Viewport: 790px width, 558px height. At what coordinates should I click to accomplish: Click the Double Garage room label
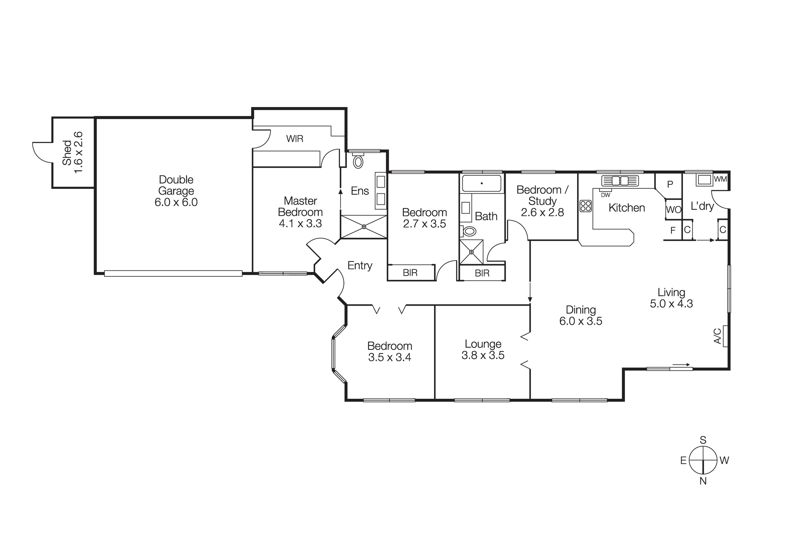tap(176, 191)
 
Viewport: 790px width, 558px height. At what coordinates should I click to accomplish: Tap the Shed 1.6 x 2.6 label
tap(73, 152)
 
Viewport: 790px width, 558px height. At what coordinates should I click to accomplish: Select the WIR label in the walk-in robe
tap(295, 139)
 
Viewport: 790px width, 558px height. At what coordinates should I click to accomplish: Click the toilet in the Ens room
tap(358, 162)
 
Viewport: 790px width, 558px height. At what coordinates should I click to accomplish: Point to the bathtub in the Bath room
tap(482, 184)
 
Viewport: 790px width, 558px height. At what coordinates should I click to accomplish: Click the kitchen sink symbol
tap(620, 180)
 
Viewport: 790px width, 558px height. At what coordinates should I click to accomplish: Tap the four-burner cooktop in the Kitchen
tap(585, 206)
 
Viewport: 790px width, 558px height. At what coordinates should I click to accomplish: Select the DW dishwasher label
tap(606, 195)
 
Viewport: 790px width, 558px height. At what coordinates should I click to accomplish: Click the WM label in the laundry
tap(720, 179)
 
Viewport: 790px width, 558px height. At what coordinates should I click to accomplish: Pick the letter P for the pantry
tap(670, 184)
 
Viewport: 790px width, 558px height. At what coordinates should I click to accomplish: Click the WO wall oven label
tap(673, 210)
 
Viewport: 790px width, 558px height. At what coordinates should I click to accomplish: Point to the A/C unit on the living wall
tap(725, 336)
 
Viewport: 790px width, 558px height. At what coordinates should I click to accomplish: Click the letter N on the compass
tap(703, 481)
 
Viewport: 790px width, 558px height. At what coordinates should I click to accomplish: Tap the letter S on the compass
tap(703, 440)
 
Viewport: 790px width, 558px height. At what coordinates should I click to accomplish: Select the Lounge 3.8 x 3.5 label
tap(483, 349)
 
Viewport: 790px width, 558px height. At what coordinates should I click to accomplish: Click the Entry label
tap(359, 265)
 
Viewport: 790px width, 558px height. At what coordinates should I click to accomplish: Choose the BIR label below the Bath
tap(482, 273)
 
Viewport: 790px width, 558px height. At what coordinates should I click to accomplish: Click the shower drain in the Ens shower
tap(364, 227)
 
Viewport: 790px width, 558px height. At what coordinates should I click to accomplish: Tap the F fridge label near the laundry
tap(673, 230)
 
